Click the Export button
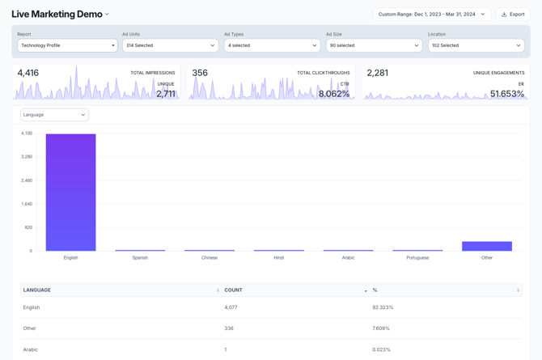coord(513,14)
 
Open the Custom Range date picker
coord(431,14)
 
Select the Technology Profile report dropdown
coord(67,45)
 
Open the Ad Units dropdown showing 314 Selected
coord(169,45)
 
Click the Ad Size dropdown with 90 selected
coord(373,45)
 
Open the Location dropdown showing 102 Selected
coord(475,45)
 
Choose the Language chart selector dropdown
coord(54,115)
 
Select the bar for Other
coord(487,246)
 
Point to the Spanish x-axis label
coord(140,258)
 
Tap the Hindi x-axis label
coord(278,258)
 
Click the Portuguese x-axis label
coord(417,258)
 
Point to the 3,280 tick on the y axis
coord(27,156)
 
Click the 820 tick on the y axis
coord(28,227)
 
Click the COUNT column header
coord(234,290)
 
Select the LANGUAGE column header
coord(37,290)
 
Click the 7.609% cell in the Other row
coord(381,328)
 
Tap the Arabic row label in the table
coord(31,349)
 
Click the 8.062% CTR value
coord(334,94)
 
